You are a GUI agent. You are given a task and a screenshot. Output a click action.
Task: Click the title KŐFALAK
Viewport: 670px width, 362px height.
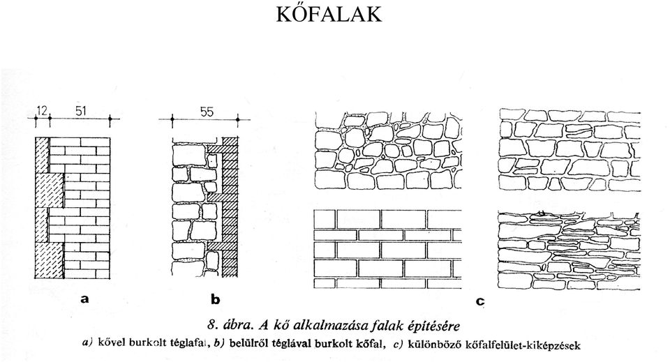click(x=329, y=14)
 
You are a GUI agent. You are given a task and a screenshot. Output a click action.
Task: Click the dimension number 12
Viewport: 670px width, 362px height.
click(x=43, y=111)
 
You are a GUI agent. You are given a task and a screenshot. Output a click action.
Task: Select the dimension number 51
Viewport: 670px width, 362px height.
click(x=80, y=111)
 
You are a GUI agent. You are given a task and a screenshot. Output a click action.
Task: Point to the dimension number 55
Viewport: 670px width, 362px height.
click(x=207, y=112)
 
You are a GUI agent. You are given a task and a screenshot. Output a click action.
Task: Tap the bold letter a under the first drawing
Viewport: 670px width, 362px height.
click(x=84, y=299)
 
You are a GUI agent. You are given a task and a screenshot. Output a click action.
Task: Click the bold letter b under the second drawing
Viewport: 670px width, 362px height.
click(x=216, y=299)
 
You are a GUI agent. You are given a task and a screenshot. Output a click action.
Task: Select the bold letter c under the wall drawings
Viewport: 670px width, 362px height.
click(x=480, y=301)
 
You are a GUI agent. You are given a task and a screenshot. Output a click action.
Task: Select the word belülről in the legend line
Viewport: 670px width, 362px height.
click(x=246, y=342)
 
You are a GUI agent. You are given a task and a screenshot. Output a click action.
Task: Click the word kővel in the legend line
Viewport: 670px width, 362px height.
click(x=109, y=342)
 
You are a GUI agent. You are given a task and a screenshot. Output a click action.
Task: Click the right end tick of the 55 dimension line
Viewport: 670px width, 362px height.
click(x=237, y=120)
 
